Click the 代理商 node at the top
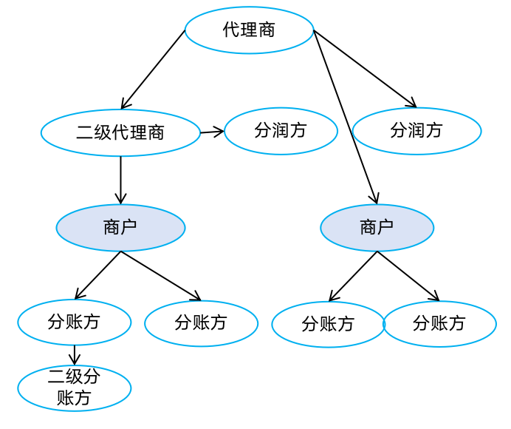point(249,30)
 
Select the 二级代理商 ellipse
point(120,133)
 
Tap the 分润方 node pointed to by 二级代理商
point(281,132)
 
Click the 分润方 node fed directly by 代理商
point(416,132)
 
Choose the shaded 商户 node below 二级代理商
point(120,228)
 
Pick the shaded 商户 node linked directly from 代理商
point(377,228)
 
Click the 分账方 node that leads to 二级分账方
point(74,322)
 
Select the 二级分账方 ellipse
point(74,388)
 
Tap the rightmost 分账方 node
point(439,323)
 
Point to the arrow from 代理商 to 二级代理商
point(153,70)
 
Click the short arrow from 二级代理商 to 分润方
point(212,132)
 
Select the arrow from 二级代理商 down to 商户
point(120,180)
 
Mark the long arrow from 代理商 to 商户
point(346,117)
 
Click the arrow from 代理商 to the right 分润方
point(365,68)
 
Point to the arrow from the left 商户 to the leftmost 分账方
point(97,275)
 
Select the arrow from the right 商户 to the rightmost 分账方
point(408,277)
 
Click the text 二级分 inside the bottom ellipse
point(74,377)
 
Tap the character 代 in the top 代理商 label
point(231,30)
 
